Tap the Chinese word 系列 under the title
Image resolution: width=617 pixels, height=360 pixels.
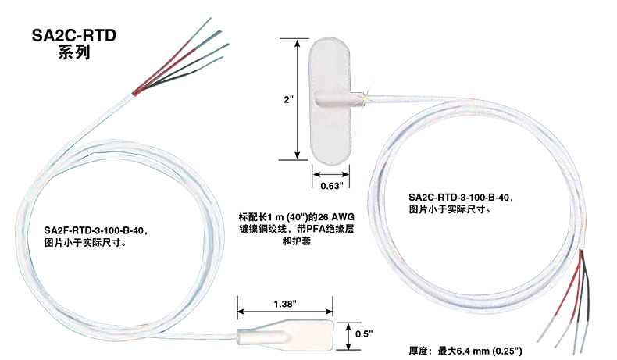75,53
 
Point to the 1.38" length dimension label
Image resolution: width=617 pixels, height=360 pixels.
286,302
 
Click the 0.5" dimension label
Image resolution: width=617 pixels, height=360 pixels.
364,333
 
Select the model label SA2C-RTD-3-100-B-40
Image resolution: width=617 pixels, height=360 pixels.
460,198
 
